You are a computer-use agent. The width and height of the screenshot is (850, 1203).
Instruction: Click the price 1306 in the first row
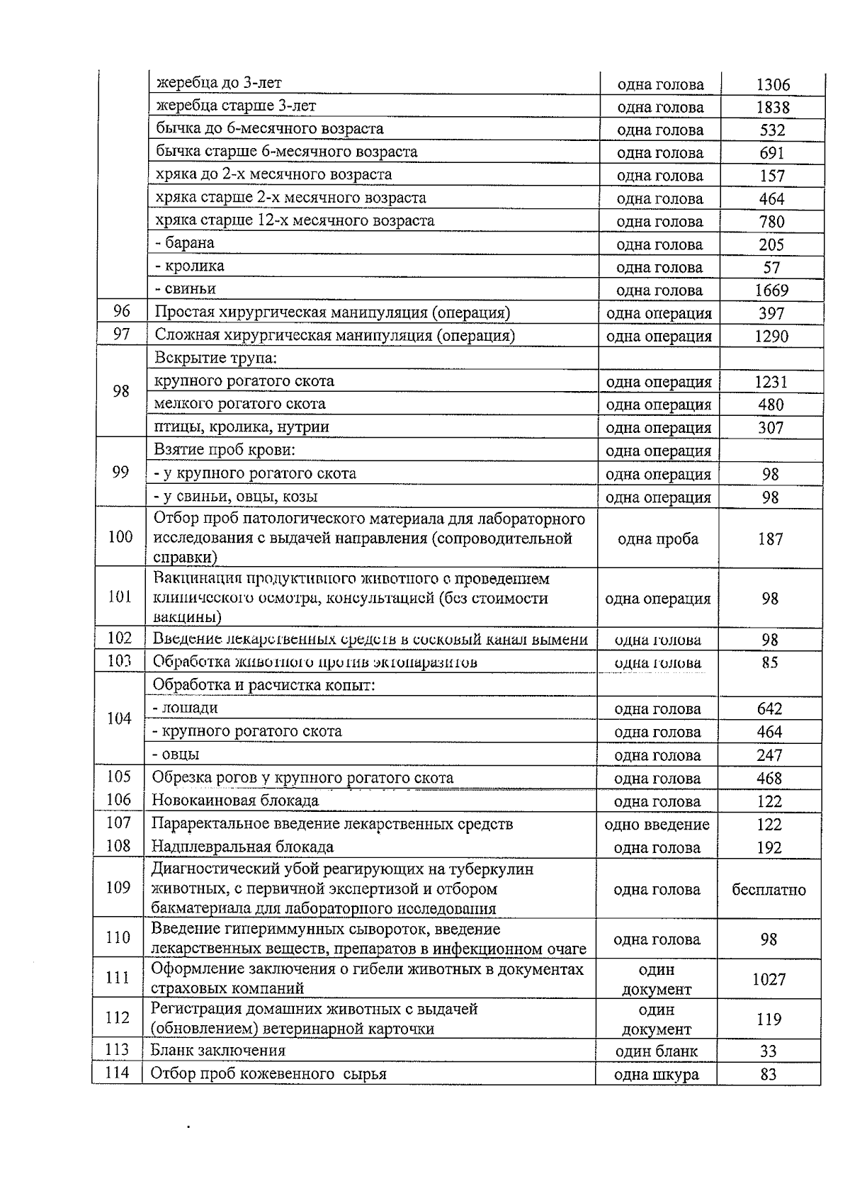pyautogui.click(x=773, y=85)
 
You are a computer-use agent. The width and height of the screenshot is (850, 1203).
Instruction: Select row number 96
pyautogui.click(x=121, y=311)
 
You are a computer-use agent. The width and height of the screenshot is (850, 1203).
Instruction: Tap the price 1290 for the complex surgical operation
pyautogui.click(x=771, y=337)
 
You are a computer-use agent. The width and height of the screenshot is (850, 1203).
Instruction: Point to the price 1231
pyautogui.click(x=771, y=382)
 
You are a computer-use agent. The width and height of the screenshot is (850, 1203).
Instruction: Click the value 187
pyautogui.click(x=770, y=539)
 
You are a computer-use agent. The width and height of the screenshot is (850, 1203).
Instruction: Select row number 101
pyautogui.click(x=120, y=597)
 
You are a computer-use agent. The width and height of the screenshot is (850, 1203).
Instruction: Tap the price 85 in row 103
pyautogui.click(x=770, y=663)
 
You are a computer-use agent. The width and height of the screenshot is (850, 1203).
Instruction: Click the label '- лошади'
pyautogui.click(x=185, y=708)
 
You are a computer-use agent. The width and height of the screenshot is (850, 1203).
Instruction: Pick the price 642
pyautogui.click(x=770, y=709)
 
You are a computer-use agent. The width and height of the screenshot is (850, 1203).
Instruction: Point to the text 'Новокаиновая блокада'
pyautogui.click(x=235, y=801)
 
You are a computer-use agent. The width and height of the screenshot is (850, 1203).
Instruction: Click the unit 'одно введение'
pyautogui.click(x=657, y=825)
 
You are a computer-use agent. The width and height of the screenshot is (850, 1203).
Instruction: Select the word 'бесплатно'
pyautogui.click(x=769, y=890)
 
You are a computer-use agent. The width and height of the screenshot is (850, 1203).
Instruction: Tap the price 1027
pyautogui.click(x=769, y=979)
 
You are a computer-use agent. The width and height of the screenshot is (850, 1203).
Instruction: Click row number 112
pyautogui.click(x=118, y=1018)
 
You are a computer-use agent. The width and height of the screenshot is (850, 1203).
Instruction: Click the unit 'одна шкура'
pyautogui.click(x=656, y=1075)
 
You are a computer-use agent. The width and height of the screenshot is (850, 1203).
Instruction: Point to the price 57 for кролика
pyautogui.click(x=771, y=268)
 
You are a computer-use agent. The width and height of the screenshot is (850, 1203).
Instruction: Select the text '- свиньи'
pyautogui.click(x=185, y=289)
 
